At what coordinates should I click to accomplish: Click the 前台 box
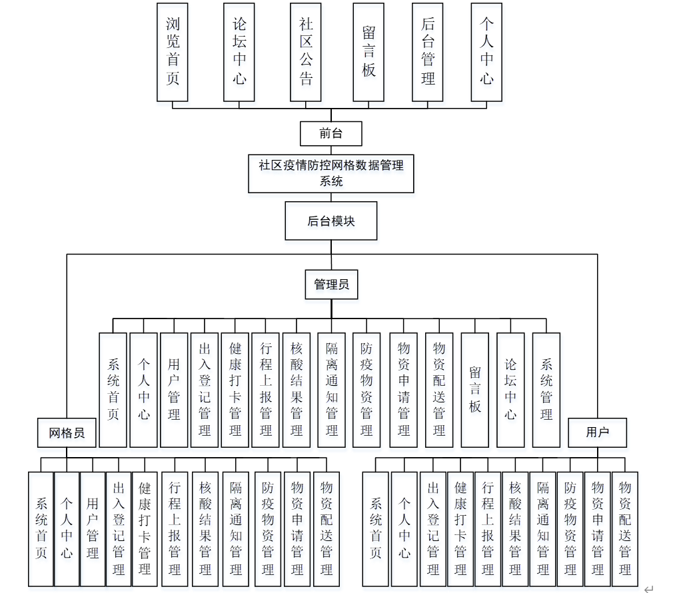tap(331, 133)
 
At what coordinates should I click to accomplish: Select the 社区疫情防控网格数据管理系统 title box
tap(331, 173)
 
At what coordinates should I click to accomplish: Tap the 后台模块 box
tap(331, 221)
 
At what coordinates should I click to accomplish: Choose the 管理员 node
tap(331, 284)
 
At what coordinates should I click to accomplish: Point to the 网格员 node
tap(67, 433)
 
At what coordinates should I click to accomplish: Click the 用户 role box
tap(597, 433)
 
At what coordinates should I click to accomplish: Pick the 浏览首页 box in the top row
tap(173, 52)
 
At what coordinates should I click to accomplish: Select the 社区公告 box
tap(306, 52)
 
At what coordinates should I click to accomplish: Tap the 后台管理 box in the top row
tap(428, 52)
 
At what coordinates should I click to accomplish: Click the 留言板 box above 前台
tap(368, 52)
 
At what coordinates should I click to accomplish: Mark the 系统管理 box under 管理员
tap(546, 390)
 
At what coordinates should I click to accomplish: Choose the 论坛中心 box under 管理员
tap(510, 390)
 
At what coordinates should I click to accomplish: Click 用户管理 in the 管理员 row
tap(174, 390)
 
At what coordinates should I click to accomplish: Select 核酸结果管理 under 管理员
tap(297, 390)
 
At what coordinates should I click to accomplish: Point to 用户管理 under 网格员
tap(93, 528)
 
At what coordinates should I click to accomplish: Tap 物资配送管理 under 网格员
tap(327, 528)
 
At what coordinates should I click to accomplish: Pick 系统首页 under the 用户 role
tap(376, 528)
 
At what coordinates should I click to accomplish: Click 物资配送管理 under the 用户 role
tap(625, 528)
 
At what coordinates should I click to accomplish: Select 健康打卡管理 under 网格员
tap(145, 528)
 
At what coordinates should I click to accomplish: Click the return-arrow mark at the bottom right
tap(648, 588)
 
